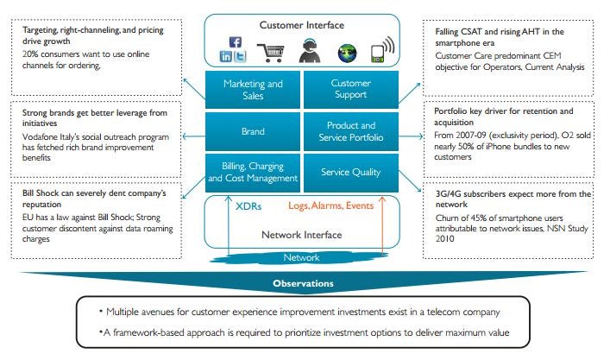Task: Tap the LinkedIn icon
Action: (x=226, y=55)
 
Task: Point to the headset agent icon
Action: (x=308, y=49)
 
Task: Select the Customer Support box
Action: (x=350, y=91)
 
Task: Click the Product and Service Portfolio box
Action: (x=350, y=133)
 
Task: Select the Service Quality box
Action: (x=350, y=172)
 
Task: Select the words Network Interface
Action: (x=302, y=234)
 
